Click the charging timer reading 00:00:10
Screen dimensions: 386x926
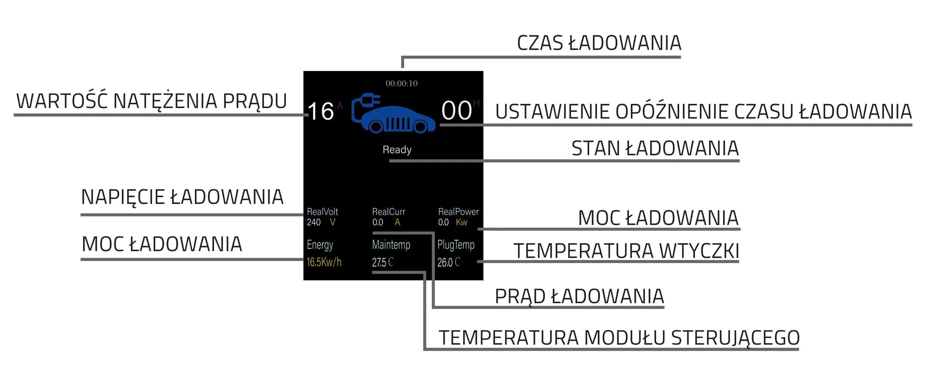401,83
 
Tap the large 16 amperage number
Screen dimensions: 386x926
321,111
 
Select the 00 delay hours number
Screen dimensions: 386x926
456,110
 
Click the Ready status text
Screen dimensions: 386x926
397,150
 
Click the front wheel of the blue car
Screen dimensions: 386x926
420,126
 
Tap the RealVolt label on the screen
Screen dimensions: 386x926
322,211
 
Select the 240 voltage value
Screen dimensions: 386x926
313,222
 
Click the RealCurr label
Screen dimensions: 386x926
388,211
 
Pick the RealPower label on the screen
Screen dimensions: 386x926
458,211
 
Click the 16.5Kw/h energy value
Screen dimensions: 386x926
324,262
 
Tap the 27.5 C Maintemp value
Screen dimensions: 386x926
382,262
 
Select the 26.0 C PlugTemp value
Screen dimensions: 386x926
449,262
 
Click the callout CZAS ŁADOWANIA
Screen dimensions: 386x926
599,43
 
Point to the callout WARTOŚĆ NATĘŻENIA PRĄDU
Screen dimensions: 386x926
151,101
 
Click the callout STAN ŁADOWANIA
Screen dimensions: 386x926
654,148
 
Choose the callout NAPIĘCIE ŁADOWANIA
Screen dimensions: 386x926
182,197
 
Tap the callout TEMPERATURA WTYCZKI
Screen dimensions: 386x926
626,251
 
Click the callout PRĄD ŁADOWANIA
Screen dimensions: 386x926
579,296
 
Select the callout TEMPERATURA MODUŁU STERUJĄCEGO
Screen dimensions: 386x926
619,338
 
